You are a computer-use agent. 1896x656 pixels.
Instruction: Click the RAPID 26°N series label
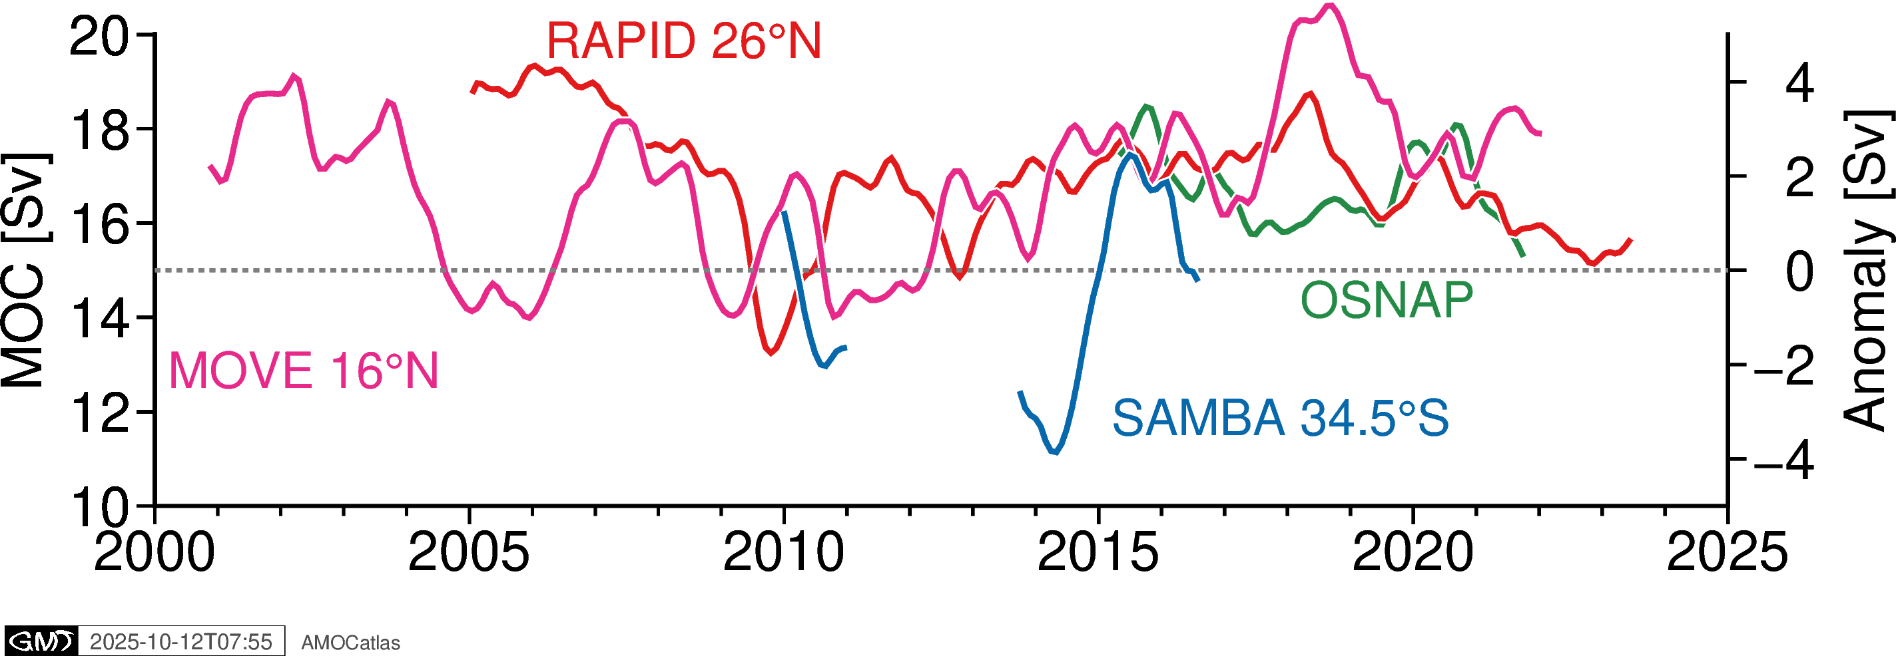[683, 41]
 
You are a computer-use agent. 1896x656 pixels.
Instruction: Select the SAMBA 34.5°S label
[1280, 418]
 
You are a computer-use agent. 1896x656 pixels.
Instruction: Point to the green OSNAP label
[1387, 300]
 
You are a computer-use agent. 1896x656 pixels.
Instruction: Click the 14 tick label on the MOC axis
[99, 319]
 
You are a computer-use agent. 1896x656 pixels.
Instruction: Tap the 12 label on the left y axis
[99, 412]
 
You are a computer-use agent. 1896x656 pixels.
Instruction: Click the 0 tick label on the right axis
[1799, 271]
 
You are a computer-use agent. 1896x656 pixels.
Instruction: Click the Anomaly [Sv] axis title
[1867, 271]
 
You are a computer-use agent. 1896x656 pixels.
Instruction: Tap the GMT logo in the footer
[41, 641]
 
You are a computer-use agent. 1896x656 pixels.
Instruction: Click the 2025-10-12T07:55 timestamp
[181, 642]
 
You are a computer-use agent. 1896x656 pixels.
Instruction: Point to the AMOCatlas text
[350, 643]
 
